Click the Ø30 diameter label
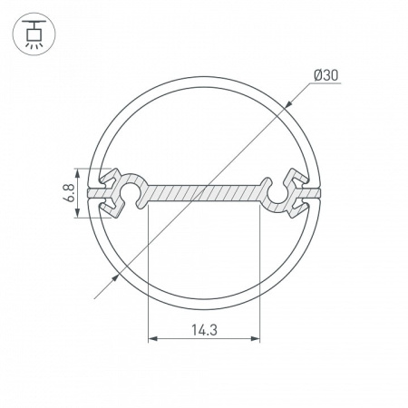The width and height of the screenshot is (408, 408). [x=326, y=75]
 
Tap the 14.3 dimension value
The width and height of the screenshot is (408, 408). [x=204, y=330]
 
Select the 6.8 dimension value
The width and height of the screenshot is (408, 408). [x=69, y=193]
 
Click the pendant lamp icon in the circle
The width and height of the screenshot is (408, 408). [x=34, y=34]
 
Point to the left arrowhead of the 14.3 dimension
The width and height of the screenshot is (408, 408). [x=152, y=339]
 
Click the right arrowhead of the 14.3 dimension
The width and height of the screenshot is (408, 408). [x=256, y=339]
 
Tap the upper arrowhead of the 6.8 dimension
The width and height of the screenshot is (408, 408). [x=77, y=173]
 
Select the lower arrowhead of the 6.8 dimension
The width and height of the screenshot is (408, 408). [x=77, y=213]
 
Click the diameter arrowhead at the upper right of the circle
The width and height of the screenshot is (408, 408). [x=288, y=103]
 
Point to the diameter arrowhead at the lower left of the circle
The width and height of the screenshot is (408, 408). [x=115, y=278]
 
